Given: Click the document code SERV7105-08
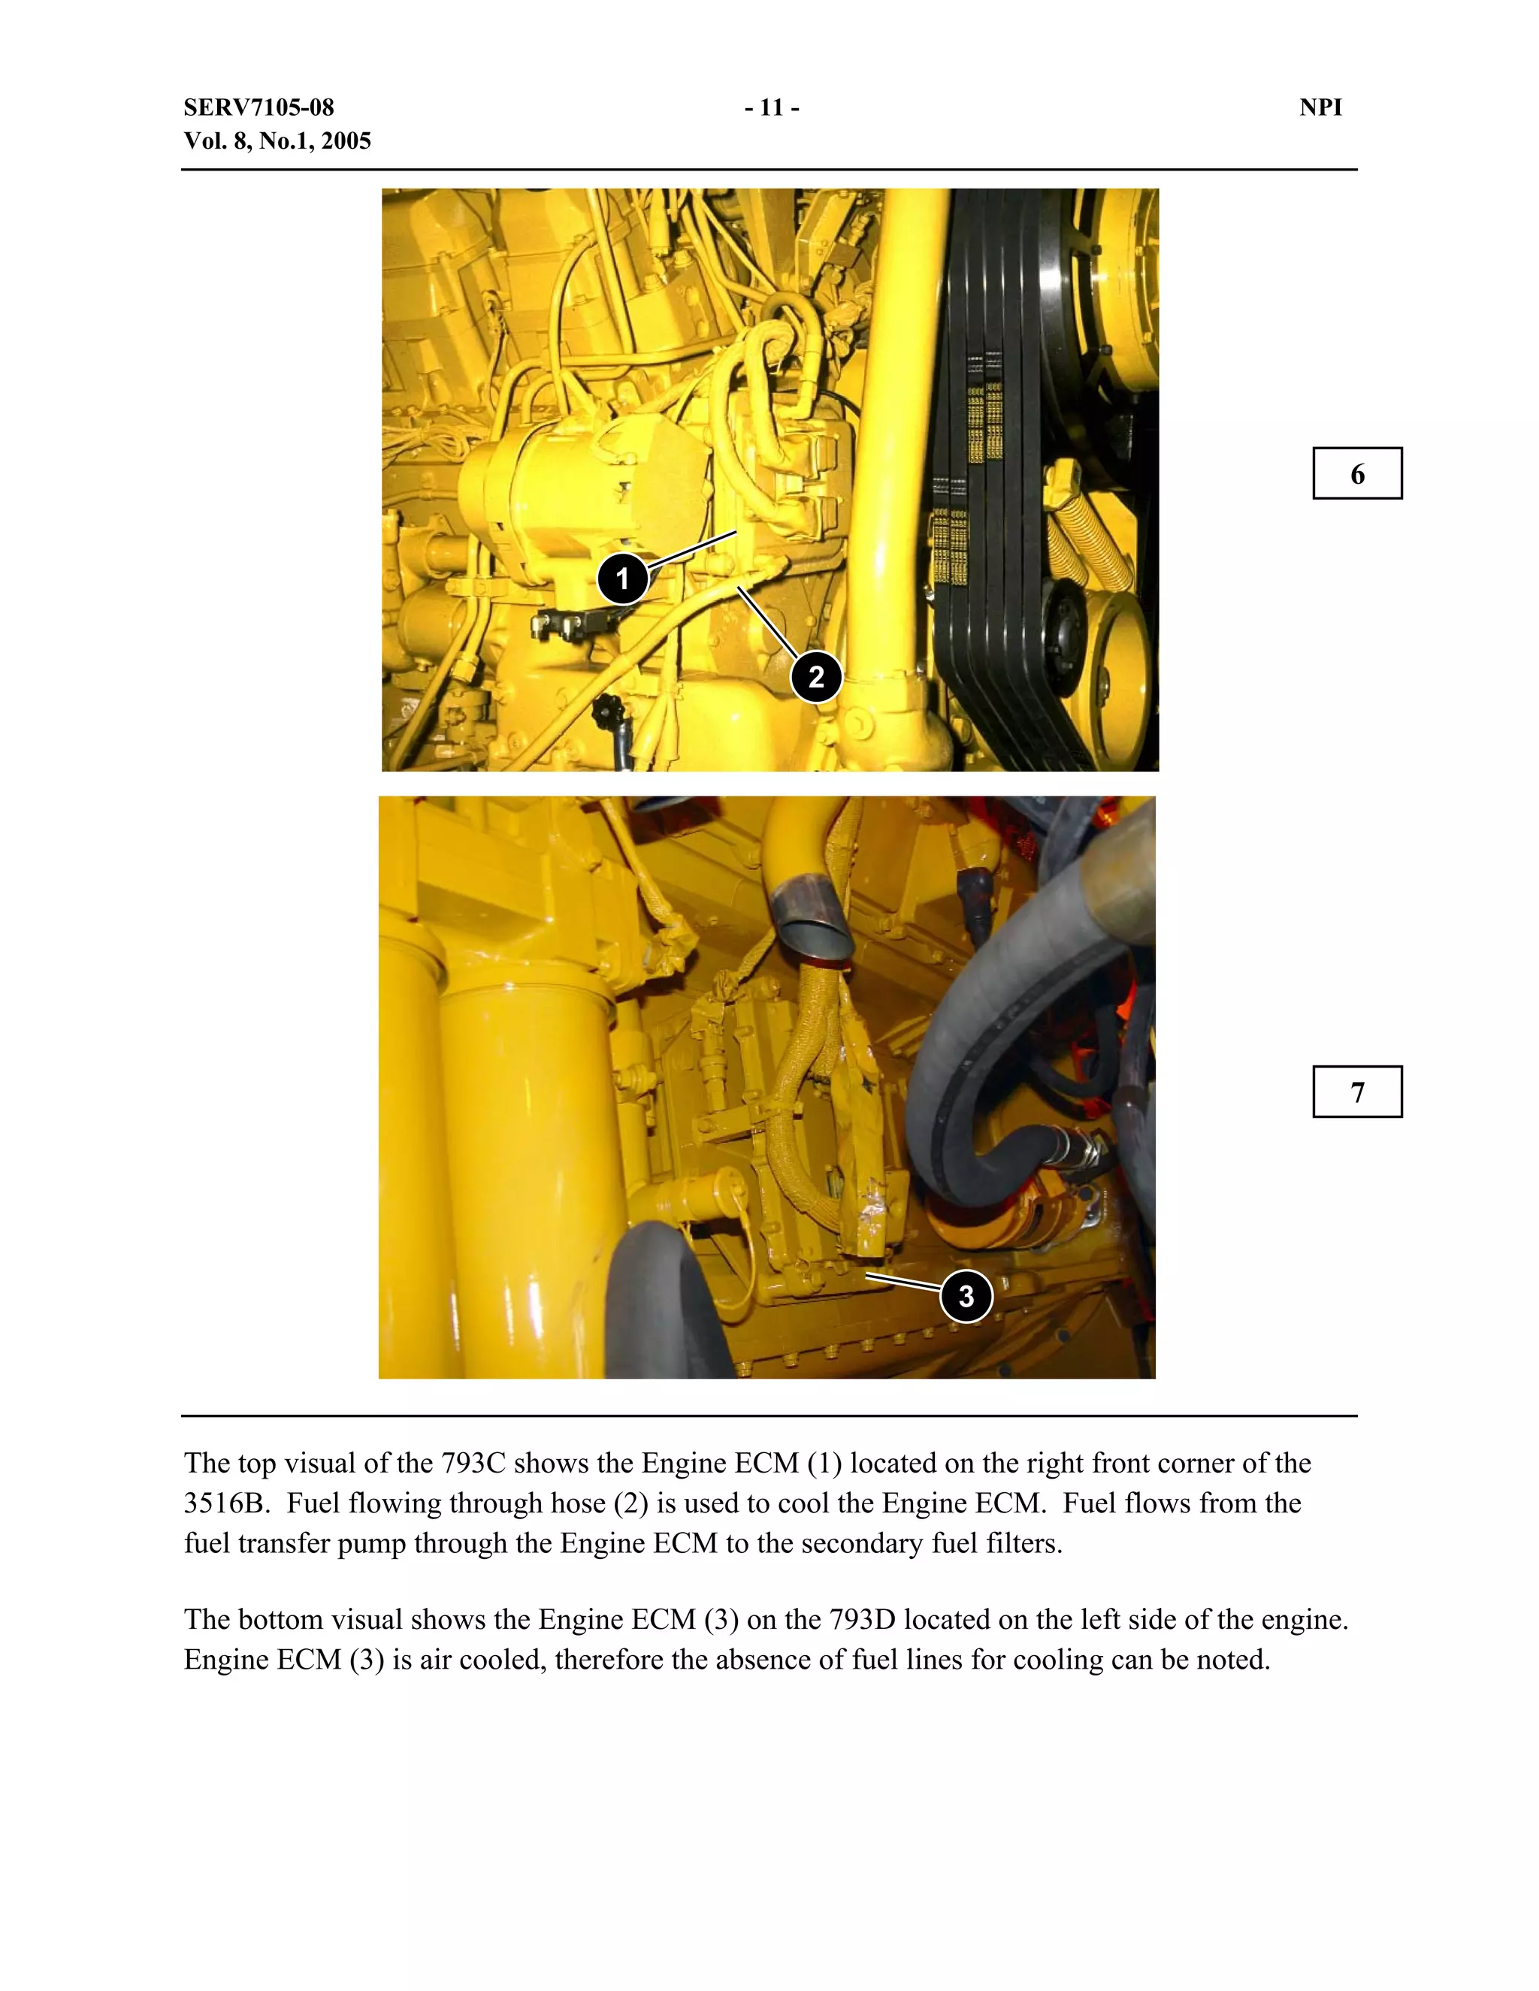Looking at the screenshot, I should [x=259, y=107].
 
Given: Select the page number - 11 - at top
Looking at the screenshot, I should [x=771, y=107].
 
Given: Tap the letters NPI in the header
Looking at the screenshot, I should [x=1320, y=107].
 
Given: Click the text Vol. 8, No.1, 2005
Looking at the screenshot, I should [x=277, y=141].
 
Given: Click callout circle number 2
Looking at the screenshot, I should [x=815, y=676].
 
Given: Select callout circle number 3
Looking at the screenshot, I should [x=966, y=1295].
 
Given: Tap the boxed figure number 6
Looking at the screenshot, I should [x=1356, y=474].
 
